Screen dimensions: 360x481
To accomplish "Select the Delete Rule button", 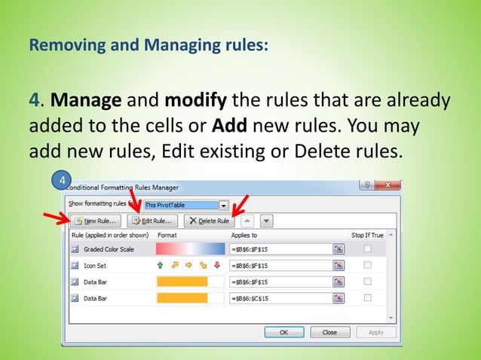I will point(210,221).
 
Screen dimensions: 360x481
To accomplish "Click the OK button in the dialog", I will point(283,332).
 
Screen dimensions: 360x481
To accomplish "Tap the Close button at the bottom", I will point(329,332).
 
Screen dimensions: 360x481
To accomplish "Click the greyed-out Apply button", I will point(375,332).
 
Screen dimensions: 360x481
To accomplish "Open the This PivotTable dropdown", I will point(223,204).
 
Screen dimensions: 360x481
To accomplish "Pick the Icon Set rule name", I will point(95,265).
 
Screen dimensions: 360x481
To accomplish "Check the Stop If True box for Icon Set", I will point(367,265).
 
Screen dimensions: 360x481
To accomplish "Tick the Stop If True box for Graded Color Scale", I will point(367,249).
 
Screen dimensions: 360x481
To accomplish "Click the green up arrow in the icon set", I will point(160,265).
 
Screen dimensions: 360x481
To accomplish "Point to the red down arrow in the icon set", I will point(217,265).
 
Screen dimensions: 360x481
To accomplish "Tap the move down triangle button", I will point(265,221).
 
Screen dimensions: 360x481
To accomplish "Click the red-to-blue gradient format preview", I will point(190,249).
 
